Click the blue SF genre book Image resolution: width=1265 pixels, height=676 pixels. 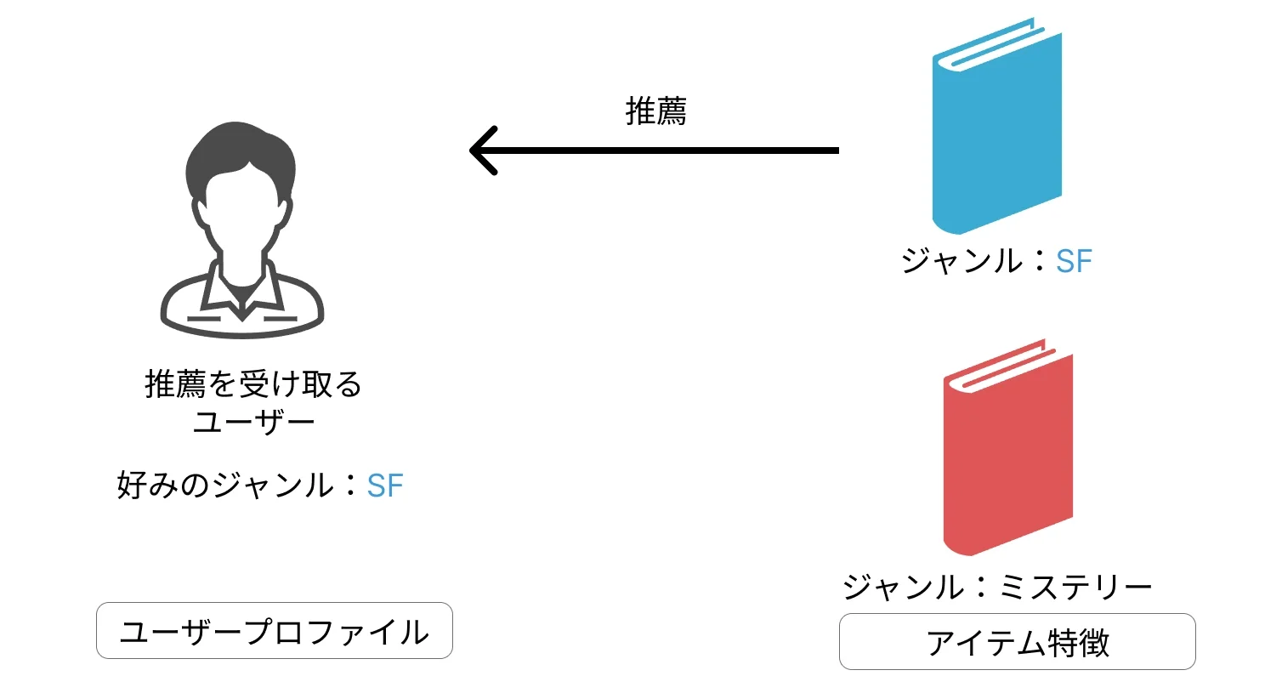tap(996, 136)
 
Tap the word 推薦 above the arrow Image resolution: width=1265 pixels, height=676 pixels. tap(655, 111)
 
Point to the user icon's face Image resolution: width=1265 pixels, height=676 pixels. tap(241, 213)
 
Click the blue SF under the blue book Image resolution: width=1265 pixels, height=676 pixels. tap(1073, 262)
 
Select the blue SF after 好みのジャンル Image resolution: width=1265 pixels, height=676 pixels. tap(384, 486)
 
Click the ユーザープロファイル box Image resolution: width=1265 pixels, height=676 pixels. tap(274, 631)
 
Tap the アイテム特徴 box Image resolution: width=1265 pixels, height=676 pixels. tap(1017, 642)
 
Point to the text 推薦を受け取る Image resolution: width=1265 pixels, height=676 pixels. tap(253, 385)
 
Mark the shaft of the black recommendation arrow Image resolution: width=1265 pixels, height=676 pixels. tap(663, 151)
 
